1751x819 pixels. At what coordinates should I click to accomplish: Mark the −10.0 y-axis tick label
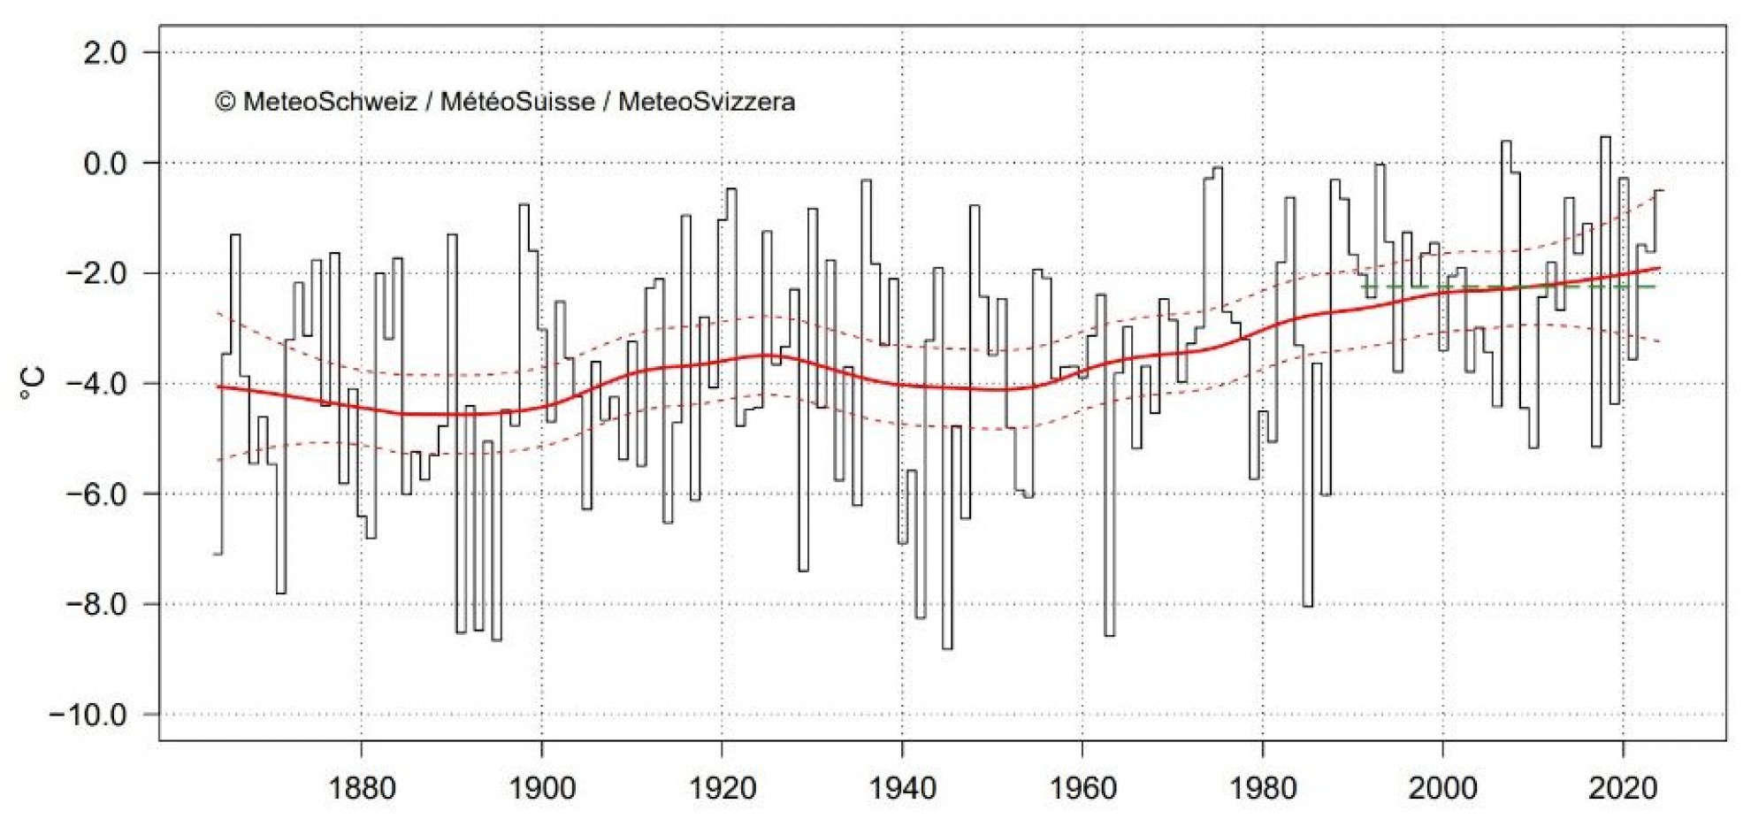(92, 715)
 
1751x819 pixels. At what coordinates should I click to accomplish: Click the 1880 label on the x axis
(362, 788)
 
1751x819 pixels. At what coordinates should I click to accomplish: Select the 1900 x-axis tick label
(541, 788)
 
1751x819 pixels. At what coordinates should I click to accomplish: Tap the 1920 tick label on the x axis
(722, 788)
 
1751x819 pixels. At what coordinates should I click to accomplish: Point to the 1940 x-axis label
(902, 788)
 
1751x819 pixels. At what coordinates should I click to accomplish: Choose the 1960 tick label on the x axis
(1082, 788)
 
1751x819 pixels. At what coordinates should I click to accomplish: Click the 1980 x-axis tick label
(1263, 788)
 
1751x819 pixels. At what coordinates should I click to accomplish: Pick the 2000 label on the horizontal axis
(1443, 788)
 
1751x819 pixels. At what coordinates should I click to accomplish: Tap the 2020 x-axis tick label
(1624, 788)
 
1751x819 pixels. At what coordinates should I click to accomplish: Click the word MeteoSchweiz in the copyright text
(330, 103)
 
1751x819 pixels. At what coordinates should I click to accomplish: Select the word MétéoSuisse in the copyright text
(517, 103)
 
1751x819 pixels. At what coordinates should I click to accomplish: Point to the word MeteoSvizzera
(707, 103)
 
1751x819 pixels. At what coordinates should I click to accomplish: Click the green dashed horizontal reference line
(1503, 287)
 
